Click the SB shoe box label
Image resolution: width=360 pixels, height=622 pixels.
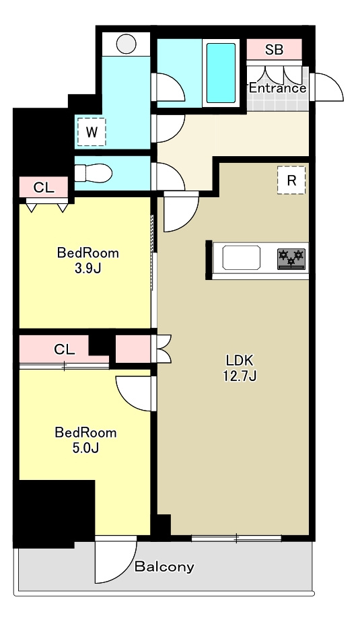pos(274,50)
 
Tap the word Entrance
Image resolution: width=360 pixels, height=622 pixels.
pos(277,88)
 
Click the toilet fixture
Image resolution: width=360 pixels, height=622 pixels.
pos(94,173)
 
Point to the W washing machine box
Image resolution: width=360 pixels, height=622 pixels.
pos(92,132)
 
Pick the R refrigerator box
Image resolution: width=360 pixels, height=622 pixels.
pos(291,180)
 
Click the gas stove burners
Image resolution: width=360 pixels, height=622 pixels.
pos(291,258)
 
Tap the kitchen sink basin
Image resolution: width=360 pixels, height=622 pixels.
pos(241,258)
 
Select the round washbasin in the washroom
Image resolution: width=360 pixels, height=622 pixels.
pos(127,44)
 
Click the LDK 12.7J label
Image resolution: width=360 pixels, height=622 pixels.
pos(240,368)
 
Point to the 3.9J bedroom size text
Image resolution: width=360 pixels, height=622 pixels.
pos(87,269)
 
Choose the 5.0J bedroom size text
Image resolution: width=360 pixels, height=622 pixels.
pos(85,448)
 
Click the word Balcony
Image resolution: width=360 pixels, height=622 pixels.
pos(165,567)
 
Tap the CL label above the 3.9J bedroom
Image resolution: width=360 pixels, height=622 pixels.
pos(44,188)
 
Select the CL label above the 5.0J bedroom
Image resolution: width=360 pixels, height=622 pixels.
pos(64,349)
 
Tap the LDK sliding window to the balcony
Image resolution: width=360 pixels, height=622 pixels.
pos(236,539)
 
